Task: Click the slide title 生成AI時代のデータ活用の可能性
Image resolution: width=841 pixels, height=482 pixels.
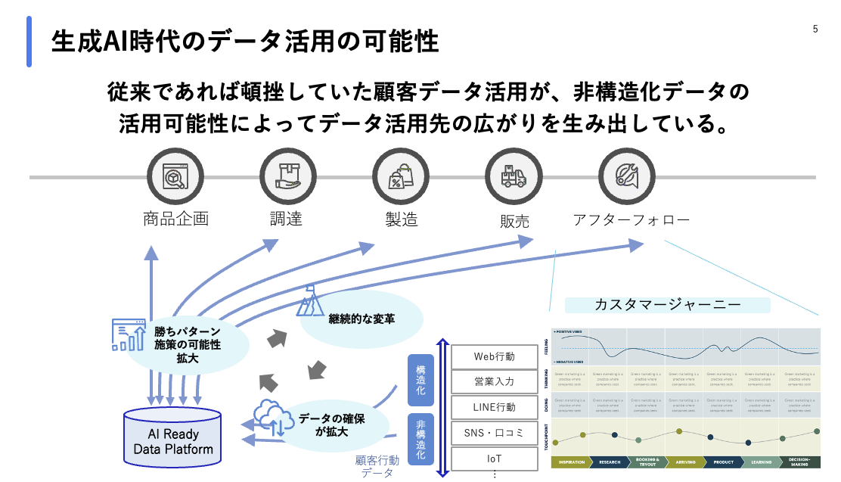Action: pos(244,41)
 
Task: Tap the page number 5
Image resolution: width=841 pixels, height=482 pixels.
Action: pos(815,30)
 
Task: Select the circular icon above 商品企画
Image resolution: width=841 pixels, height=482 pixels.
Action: pos(175,176)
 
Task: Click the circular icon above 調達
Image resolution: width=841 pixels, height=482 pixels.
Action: pos(287,176)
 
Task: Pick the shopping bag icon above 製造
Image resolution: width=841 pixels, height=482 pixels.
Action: pos(400,176)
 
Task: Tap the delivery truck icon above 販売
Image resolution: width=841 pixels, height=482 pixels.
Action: pos(513,176)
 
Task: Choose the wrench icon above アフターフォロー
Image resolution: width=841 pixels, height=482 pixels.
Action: pos(625,176)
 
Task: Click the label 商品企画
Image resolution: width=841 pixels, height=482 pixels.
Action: pos(175,219)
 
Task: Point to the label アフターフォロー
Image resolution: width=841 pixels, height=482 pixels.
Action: pos(631,220)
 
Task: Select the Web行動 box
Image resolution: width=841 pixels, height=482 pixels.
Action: pos(494,356)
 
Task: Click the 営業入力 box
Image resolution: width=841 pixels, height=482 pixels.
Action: pos(494,381)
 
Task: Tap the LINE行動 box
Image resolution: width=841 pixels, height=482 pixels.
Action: pos(494,407)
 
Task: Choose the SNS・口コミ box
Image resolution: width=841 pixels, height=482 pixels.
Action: pos(494,433)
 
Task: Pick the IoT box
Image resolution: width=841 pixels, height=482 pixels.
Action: pos(494,459)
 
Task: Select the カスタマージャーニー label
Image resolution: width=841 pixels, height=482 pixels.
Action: pos(667,305)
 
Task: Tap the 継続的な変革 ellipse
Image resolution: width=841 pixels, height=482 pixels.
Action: pos(362,319)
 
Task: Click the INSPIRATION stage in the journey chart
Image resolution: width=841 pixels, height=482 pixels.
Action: pos(572,462)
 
